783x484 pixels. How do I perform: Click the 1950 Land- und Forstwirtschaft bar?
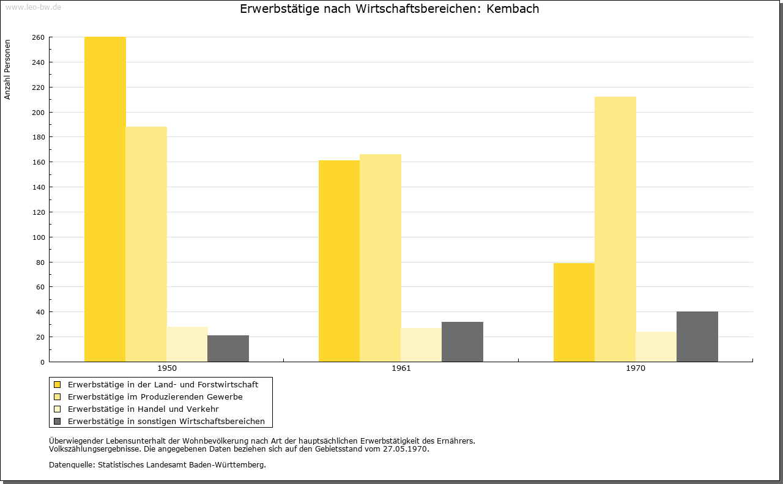coord(105,199)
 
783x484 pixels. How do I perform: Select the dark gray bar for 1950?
coord(228,349)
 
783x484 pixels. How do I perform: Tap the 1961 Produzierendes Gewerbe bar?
coord(380,258)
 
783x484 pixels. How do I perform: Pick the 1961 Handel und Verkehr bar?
coord(421,345)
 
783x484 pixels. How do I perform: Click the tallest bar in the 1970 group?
coord(615,229)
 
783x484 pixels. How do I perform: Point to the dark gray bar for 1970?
coord(697,337)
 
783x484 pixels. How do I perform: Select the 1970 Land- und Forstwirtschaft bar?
coord(574,312)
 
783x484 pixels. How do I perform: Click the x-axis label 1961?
coord(401,368)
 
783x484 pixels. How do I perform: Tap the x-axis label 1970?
coord(636,368)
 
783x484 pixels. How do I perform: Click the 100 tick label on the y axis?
coord(38,237)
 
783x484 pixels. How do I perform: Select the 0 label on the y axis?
coord(42,362)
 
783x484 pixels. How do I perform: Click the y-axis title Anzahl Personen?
coord(7,69)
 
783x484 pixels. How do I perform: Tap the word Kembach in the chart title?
coord(513,9)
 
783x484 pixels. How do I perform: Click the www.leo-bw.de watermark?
coord(33,7)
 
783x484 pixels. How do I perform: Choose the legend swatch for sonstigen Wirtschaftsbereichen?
coord(57,421)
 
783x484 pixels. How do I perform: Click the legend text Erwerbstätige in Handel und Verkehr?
coord(143,409)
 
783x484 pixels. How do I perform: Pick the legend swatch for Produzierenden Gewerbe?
coord(57,397)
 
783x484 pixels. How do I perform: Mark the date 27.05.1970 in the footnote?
coord(405,449)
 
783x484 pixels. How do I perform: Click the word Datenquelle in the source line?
coord(72,465)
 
